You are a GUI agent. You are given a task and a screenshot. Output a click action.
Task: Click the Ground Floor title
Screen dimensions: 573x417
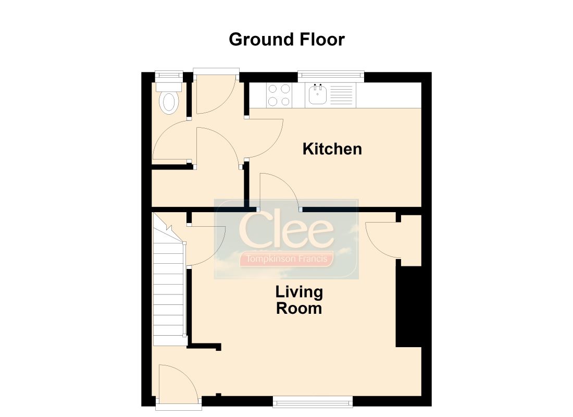point(286,40)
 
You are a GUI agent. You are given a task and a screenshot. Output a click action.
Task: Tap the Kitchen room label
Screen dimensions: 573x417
point(332,149)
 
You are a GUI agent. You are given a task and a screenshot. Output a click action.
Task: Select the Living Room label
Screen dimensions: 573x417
point(300,300)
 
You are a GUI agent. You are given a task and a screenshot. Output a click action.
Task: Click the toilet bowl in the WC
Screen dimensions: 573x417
point(169,102)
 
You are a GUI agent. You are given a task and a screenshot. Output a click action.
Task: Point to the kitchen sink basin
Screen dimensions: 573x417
point(317,95)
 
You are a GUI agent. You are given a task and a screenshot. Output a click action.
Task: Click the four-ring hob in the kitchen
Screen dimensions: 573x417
point(279,95)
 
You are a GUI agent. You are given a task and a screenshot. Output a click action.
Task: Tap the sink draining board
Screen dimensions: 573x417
point(341,95)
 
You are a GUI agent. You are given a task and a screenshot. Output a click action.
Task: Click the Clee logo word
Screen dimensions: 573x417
point(286,230)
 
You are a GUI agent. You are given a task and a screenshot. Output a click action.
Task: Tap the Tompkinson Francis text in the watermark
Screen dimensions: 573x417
point(286,259)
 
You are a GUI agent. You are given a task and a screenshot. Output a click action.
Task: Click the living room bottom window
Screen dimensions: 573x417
point(313,402)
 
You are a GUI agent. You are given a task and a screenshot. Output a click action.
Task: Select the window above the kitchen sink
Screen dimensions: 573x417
point(331,76)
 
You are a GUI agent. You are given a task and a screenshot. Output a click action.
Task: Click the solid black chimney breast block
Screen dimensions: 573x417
point(408,306)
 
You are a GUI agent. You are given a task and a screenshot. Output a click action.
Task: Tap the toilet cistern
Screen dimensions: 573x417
point(169,87)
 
